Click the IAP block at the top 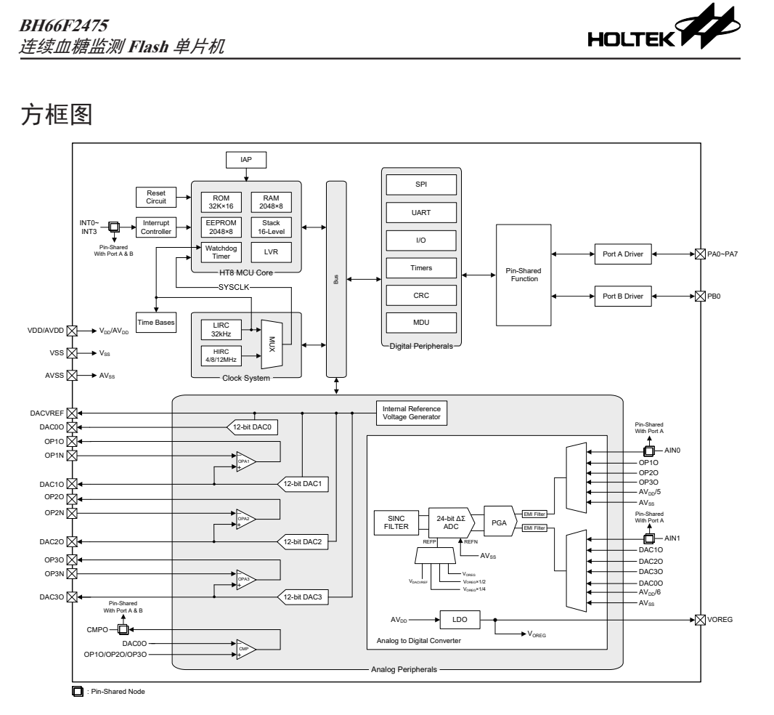247,160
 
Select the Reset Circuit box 156,196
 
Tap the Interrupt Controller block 156,227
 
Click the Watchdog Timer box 222,251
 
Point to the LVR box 271,251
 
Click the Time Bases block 156,322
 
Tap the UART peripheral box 421,212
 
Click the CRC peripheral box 421,294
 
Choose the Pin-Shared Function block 524,275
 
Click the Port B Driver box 623,296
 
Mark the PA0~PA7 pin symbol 699,254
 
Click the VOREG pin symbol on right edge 699,620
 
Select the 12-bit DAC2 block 304,541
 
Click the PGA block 498,521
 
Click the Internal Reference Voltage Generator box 411,412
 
